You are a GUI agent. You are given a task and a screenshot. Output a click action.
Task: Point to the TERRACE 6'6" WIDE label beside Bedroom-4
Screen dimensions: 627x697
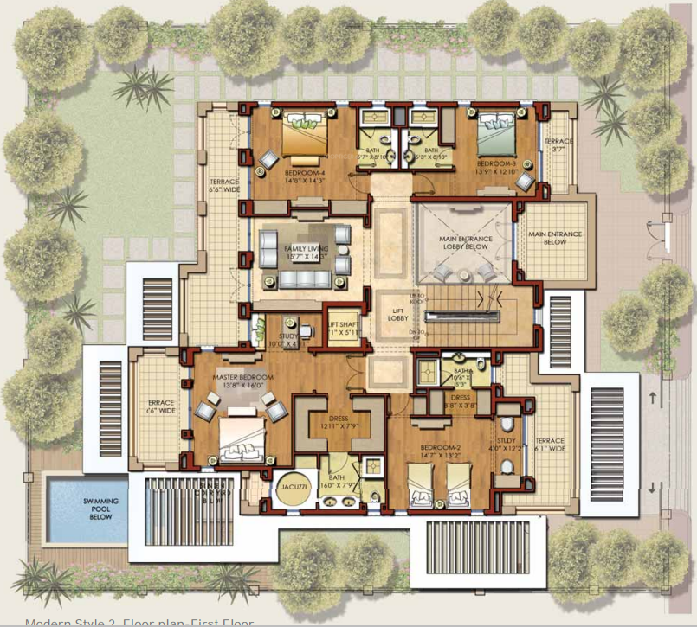223,187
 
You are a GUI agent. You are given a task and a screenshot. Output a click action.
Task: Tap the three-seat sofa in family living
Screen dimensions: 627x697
302,278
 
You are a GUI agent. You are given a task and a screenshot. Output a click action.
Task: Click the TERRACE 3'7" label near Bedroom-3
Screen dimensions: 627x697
558,145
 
